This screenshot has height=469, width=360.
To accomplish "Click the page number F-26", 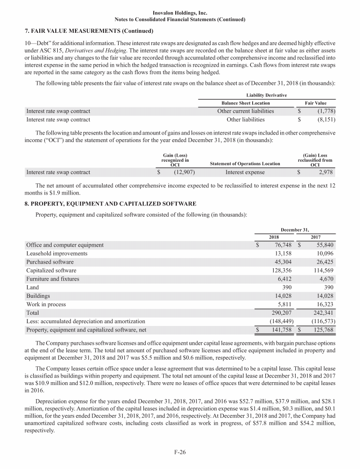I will (180, 453).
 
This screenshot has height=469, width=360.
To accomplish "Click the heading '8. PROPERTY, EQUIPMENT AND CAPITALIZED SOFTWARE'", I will (113, 204).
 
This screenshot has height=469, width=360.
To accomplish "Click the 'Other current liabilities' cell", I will (246, 111).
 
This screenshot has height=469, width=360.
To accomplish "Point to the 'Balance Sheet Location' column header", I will (246, 103).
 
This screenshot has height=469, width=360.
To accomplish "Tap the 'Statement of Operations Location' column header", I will (245, 164).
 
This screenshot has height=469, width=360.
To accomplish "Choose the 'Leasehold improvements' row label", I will (57, 253).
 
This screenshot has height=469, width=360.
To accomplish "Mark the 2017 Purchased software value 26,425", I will (323, 262).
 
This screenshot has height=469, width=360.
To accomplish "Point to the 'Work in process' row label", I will (46, 304).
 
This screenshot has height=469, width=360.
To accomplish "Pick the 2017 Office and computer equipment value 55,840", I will (323, 245).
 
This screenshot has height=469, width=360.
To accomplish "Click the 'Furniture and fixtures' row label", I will (52, 279).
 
